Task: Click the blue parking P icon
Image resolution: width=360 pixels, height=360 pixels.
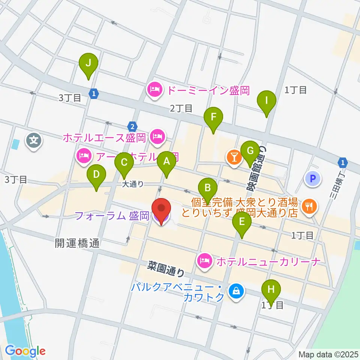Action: pos(313,178)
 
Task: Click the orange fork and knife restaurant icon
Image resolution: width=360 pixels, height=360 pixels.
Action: pos(309,205)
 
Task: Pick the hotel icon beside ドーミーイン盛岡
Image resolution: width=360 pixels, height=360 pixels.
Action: pos(154,90)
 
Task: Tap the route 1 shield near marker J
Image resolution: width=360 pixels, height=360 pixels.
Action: pos(94,93)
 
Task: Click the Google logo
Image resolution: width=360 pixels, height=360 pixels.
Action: pos(25,351)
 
